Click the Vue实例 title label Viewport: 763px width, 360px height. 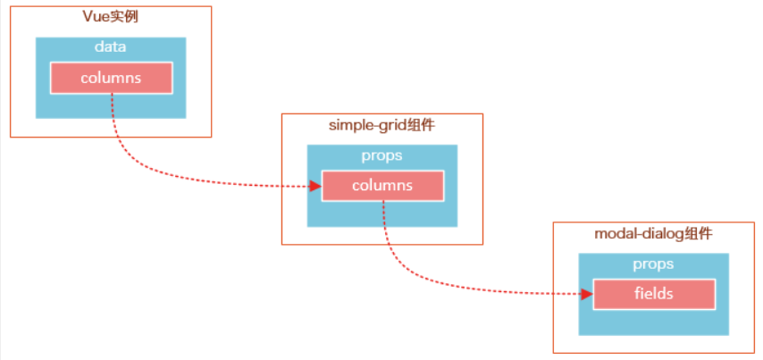[x=111, y=17]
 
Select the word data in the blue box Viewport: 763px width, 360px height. [x=111, y=47]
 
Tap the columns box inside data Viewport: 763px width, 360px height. [x=111, y=78]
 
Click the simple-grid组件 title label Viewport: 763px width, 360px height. [x=382, y=125]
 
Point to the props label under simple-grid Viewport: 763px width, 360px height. [x=382, y=155]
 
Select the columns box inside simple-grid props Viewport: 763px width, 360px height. [x=382, y=186]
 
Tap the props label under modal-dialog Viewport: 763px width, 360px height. [x=653, y=264]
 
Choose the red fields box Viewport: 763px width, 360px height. [x=653, y=294]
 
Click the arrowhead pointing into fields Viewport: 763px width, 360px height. [x=587, y=294]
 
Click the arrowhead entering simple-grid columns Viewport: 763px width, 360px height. [x=315, y=186]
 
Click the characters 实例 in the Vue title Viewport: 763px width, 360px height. [x=126, y=17]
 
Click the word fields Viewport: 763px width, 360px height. [x=653, y=294]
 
